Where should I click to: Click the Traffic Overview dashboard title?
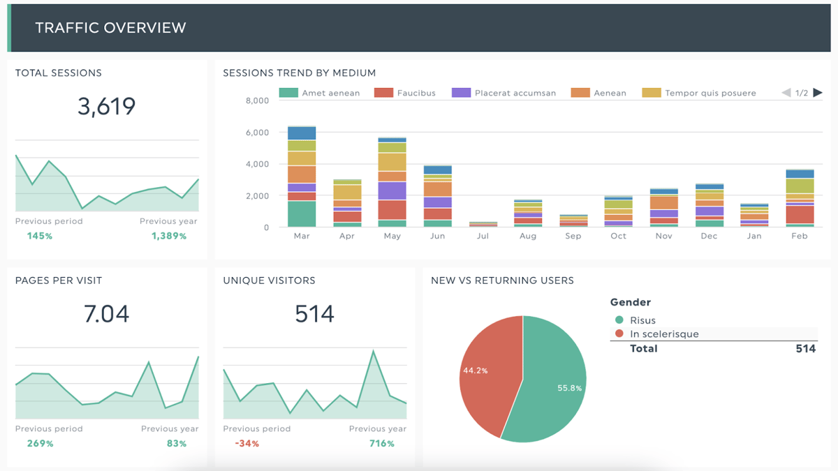pos(110,28)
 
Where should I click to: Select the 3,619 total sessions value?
pos(106,107)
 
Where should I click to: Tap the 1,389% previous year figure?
pos(169,236)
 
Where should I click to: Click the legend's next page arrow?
pos(818,93)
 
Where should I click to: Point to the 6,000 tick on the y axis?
pos(258,133)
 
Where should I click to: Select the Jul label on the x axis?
pos(483,236)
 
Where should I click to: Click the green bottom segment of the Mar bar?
pos(302,214)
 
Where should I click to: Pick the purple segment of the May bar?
pos(392,190)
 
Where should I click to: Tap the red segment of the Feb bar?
pos(800,214)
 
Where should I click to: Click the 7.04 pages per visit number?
pos(106,314)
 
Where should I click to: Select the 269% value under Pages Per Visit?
pos(40,444)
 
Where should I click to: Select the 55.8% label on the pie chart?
pos(568,388)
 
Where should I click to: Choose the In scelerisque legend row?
pos(663,334)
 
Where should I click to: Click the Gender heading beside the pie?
pos(630,302)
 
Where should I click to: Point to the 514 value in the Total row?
pos(805,348)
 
